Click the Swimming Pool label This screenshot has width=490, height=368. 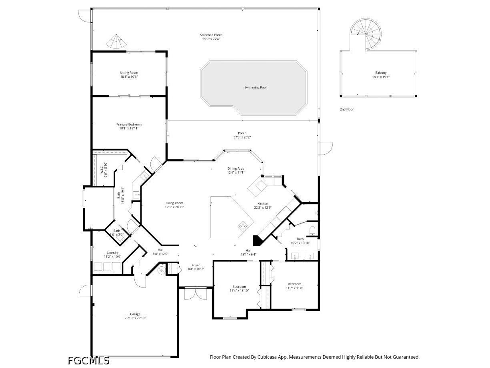click(x=255, y=87)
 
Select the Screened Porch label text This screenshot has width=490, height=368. click(x=211, y=35)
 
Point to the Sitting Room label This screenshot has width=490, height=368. click(x=129, y=73)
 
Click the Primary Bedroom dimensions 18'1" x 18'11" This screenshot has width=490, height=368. click(x=129, y=129)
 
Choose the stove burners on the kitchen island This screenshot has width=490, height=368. click(x=242, y=227)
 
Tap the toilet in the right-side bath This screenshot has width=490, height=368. click(x=313, y=230)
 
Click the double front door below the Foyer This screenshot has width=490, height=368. click(x=196, y=294)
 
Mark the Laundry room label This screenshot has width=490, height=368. click(x=112, y=253)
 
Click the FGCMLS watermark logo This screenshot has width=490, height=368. click(x=88, y=360)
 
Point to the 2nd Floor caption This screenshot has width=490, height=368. click(x=346, y=109)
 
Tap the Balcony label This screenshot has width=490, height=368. click(x=380, y=73)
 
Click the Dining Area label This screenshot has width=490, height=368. click(x=236, y=169)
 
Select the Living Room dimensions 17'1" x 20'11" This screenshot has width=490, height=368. click(x=174, y=207)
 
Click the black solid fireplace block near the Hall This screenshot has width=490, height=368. click(x=257, y=240)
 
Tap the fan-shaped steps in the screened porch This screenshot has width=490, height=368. click(x=116, y=42)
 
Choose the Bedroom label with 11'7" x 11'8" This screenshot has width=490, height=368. click(x=294, y=284)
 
